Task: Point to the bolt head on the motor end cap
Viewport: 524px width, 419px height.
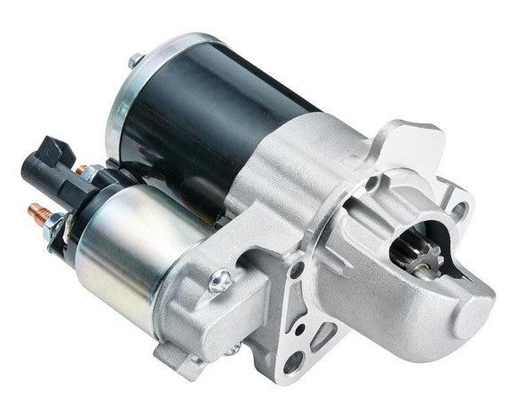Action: click(x=134, y=61)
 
